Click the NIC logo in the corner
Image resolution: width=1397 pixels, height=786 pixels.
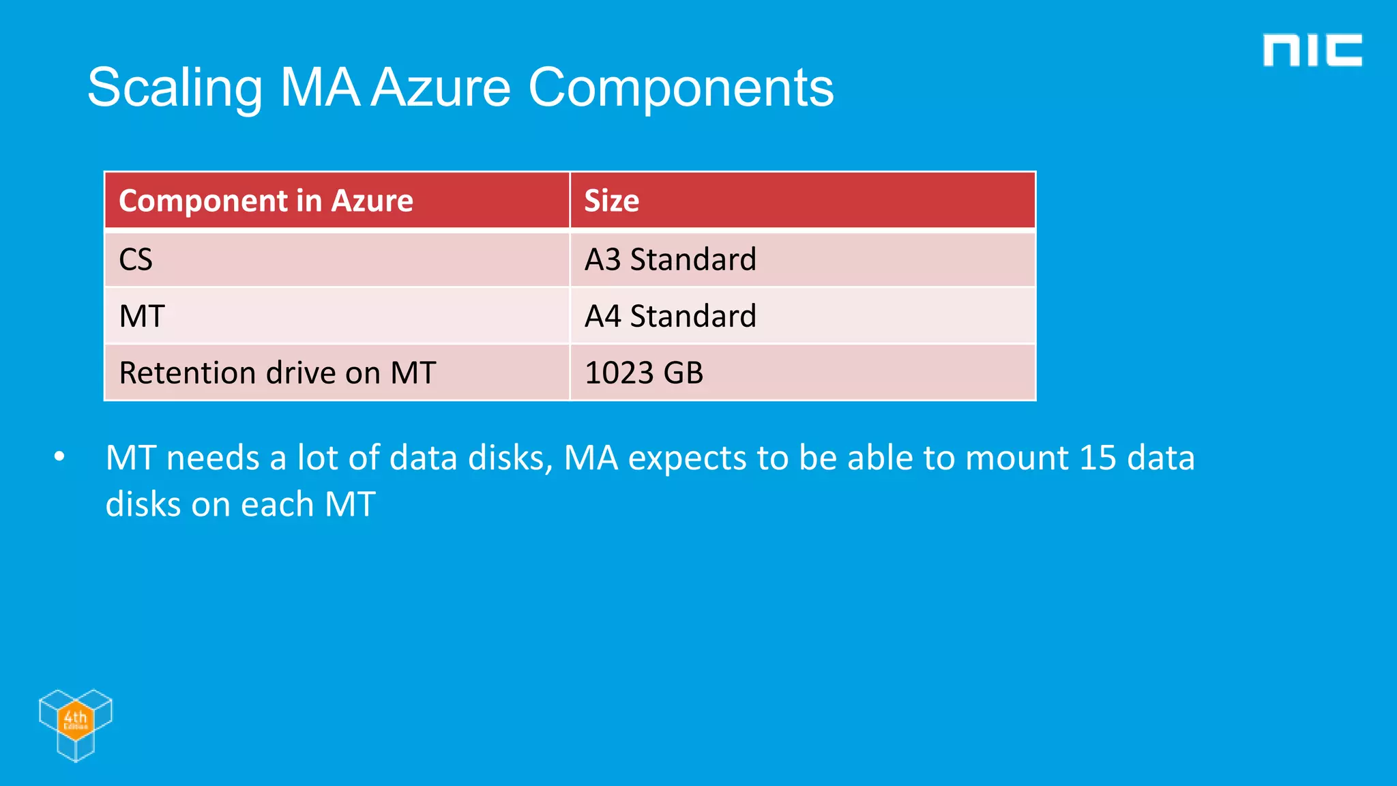click(x=1312, y=50)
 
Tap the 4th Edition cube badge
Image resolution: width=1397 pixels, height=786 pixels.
click(x=75, y=724)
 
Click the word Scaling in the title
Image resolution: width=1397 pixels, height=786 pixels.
click(x=175, y=88)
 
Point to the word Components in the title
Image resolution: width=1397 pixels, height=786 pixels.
click(x=680, y=88)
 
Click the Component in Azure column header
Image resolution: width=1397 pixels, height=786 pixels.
click(x=266, y=201)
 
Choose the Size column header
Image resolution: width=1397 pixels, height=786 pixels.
click(x=612, y=201)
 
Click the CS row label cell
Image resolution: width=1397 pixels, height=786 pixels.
click(x=136, y=259)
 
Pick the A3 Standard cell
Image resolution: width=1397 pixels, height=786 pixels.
click(x=670, y=259)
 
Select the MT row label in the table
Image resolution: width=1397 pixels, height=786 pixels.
click(x=142, y=316)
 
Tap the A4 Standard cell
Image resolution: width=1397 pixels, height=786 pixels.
click(x=670, y=316)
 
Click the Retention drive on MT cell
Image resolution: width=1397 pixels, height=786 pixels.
click(x=277, y=373)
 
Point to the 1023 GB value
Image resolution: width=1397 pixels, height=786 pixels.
click(x=643, y=373)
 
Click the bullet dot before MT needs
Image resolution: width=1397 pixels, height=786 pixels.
click(x=59, y=456)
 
